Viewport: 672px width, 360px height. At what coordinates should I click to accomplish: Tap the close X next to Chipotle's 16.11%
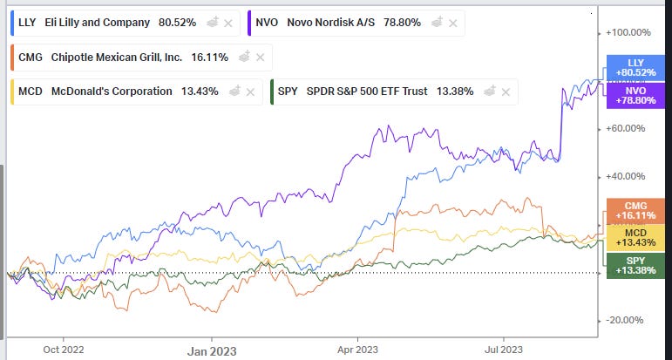coord(260,58)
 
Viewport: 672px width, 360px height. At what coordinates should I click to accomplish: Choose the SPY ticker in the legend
coord(290,92)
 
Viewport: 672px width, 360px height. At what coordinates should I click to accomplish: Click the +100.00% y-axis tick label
coord(629,33)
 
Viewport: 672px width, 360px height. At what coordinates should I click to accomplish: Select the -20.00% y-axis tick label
coord(627,320)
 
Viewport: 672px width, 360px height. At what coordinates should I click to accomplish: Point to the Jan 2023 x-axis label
coord(212,350)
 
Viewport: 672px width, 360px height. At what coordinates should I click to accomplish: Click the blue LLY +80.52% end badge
coord(635,66)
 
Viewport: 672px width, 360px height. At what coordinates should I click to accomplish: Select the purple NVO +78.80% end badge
coord(635,94)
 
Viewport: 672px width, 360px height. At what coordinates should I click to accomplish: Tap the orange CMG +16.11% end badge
coord(635,210)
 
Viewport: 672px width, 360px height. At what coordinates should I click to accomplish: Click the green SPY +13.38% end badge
coord(635,265)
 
